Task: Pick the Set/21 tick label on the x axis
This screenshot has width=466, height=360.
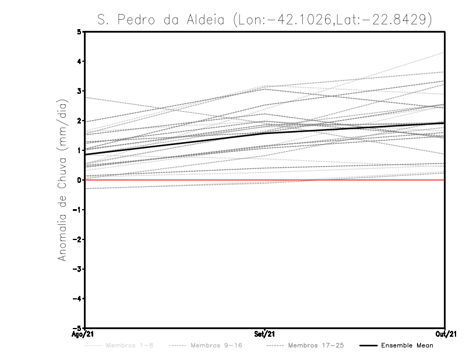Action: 265,334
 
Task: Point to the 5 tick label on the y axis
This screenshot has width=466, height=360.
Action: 79,32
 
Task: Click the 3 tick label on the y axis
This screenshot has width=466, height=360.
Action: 79,91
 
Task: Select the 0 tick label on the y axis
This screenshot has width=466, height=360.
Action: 79,180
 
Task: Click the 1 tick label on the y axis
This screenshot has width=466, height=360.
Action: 79,150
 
